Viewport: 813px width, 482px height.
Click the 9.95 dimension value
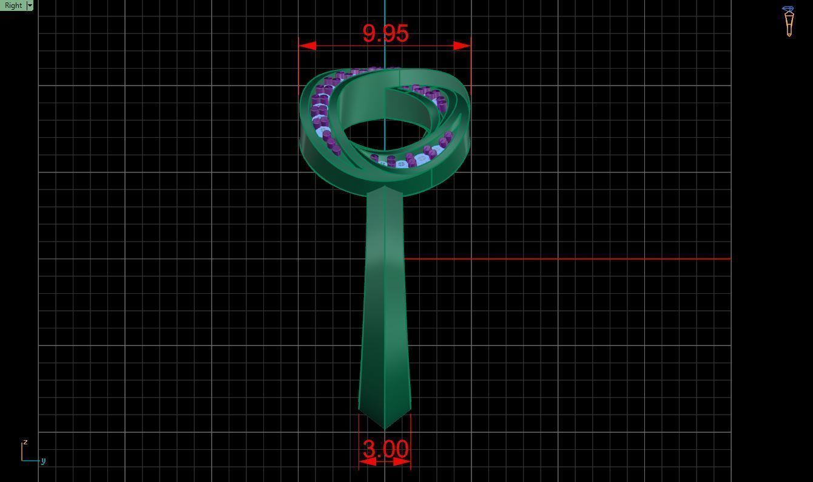pyautogui.click(x=385, y=33)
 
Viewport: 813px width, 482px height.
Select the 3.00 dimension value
pyautogui.click(x=385, y=449)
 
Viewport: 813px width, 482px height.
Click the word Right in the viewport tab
pyautogui.click(x=13, y=5)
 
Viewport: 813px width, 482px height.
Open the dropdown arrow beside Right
pyautogui.click(x=30, y=5)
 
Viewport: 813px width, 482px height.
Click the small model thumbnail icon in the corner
pyautogui.click(x=788, y=21)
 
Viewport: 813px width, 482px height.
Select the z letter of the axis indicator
pyautogui.click(x=25, y=442)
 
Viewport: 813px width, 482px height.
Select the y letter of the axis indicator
pyautogui.click(x=44, y=461)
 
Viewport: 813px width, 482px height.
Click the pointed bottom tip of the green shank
pyautogui.click(x=385, y=428)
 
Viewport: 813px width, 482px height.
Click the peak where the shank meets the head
pyautogui.click(x=385, y=187)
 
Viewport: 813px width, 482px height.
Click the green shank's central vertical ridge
pyautogui.click(x=385, y=304)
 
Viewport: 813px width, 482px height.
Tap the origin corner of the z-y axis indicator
pyautogui.click(x=22, y=460)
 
